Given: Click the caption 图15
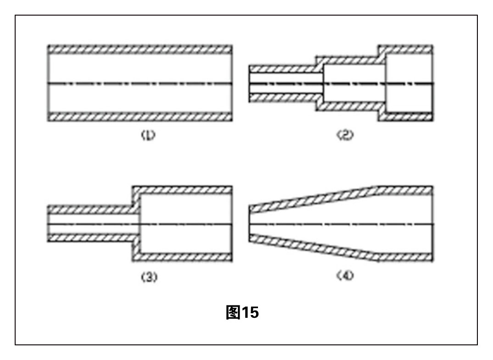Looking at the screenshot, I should click(243, 313).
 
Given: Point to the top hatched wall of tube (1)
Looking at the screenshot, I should click(140, 49).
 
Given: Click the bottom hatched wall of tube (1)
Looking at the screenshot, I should click(140, 117).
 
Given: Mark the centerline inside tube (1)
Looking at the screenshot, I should click(140, 83).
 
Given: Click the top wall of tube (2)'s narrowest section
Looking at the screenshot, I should click(285, 69).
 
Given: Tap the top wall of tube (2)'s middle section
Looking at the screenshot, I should click(351, 60).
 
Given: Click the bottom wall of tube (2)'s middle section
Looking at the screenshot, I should click(351, 106).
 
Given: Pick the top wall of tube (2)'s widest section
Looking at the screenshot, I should click(406, 49).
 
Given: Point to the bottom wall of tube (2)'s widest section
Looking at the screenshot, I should click(406, 117).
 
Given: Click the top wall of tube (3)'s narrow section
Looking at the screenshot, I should click(90, 210).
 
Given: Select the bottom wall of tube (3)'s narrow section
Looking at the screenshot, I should click(90, 238).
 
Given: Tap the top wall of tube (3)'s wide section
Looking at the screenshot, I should click(184, 190).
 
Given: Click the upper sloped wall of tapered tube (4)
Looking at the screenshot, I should click(312, 198).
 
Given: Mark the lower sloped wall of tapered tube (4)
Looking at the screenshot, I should click(312, 250).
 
